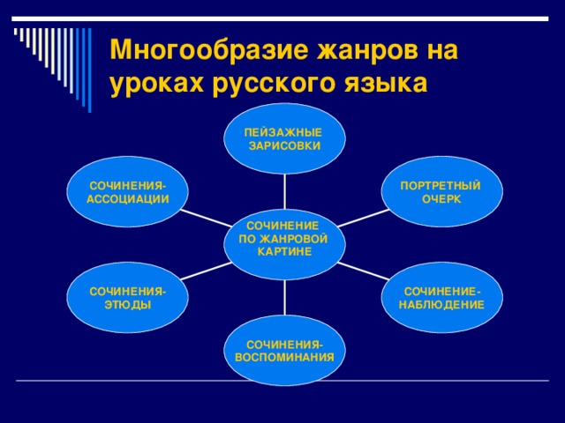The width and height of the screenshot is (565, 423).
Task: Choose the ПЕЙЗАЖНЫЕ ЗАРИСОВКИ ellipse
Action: pos(284,139)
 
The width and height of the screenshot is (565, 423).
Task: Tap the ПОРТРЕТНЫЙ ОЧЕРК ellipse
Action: pos(441,191)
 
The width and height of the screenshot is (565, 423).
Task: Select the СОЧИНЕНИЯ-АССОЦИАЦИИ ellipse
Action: pos(128,191)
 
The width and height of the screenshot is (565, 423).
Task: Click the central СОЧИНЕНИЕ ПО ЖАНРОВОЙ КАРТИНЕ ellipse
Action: pos(284,239)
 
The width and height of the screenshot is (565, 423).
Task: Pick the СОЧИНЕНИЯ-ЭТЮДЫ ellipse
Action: pos(128,297)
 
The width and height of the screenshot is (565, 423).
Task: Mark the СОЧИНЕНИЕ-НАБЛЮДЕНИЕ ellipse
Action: pos(441,297)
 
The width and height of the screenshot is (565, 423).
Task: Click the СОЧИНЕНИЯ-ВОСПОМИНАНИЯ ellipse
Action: pos(284,350)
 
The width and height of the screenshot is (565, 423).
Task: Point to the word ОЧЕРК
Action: pos(441,199)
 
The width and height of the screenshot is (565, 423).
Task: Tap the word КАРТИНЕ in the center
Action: pos(284,252)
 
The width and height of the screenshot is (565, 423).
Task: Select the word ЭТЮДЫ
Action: pos(128,304)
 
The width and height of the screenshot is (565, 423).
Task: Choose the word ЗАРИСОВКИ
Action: pos(284,145)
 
